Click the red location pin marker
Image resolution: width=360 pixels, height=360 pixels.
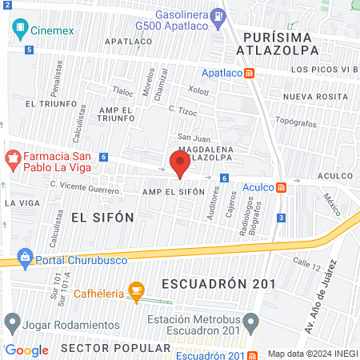click(x=179, y=163)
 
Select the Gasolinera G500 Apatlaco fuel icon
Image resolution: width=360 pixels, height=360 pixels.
click(x=218, y=15)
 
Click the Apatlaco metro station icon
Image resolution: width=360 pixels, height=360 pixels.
click(x=250, y=73)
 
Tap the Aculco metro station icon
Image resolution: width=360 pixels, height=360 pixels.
click(x=281, y=187)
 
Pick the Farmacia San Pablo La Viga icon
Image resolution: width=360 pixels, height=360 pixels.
click(x=13, y=156)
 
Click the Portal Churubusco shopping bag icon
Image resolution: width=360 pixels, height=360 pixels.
click(x=26, y=258)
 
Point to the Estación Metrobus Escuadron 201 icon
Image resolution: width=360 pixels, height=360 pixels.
click(x=251, y=324)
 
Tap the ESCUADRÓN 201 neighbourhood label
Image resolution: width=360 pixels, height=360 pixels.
click(x=218, y=284)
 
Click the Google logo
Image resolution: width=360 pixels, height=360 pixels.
click(x=26, y=350)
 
